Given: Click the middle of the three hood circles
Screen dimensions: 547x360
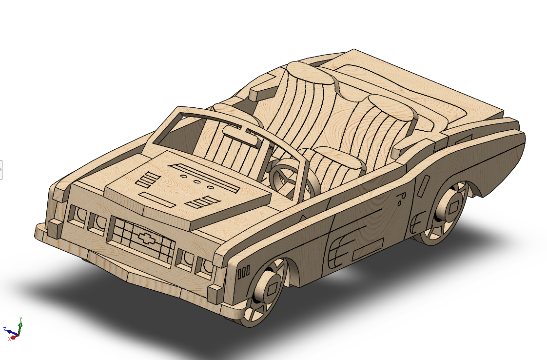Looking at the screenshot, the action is (x=197, y=181).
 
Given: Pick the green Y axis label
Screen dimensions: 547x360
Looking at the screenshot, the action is (x=21, y=320).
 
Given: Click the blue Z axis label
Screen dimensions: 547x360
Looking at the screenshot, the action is (x=4, y=329).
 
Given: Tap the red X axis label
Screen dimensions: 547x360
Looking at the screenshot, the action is (x=9, y=339).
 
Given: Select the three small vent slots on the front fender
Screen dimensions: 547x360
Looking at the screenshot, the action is (x=243, y=272).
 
